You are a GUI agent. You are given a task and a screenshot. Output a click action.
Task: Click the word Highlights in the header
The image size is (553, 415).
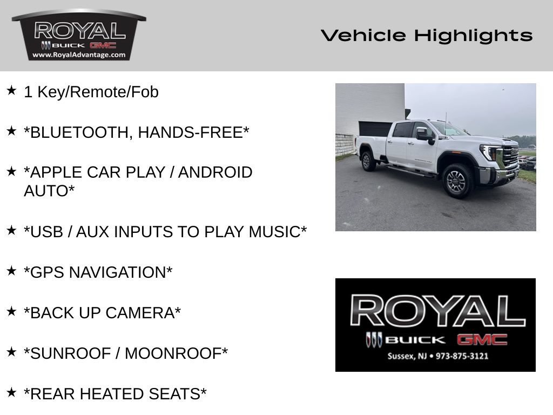coord(473,36)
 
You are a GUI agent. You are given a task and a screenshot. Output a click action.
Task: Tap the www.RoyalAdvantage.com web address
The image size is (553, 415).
coord(79,55)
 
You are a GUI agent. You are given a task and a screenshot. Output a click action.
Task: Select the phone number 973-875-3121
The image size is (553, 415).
coord(462,356)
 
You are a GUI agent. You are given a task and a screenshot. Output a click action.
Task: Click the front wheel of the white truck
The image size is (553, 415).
coord(457,180)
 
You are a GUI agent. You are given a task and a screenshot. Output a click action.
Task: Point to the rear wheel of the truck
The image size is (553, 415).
coord(368,161)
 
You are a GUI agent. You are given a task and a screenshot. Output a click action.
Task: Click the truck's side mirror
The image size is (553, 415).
coord(423,134)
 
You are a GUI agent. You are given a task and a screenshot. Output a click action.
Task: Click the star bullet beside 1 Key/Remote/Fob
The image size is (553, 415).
coord(12,90)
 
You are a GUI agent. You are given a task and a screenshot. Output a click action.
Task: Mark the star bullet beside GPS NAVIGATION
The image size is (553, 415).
coord(12,271)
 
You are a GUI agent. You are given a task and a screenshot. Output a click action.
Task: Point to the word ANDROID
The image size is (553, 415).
coord(215,172)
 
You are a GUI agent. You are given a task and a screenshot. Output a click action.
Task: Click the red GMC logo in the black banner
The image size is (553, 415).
coord(482,339)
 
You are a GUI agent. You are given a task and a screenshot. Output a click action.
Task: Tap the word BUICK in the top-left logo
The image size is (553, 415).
coord(69,45)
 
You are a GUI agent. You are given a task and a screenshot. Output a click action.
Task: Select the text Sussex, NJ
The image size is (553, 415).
coord(407,356)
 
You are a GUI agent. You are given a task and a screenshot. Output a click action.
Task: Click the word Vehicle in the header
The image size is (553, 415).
coord(363,35)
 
